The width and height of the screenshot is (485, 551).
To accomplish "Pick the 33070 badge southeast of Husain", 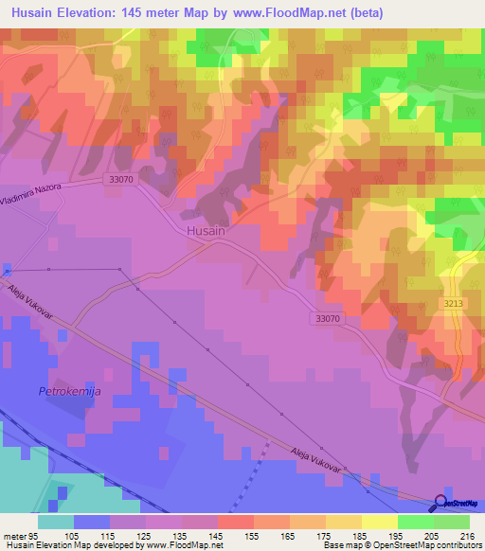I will pyautogui.click(x=325, y=319).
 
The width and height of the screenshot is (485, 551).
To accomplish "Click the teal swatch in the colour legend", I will pyautogui.click(x=56, y=522).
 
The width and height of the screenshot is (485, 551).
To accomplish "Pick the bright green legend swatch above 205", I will pyautogui.click(x=415, y=522).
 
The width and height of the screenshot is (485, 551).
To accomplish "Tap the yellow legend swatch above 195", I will pyautogui.click(x=379, y=522).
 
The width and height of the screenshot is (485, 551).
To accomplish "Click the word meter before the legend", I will pyautogui.click(x=12, y=536).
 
